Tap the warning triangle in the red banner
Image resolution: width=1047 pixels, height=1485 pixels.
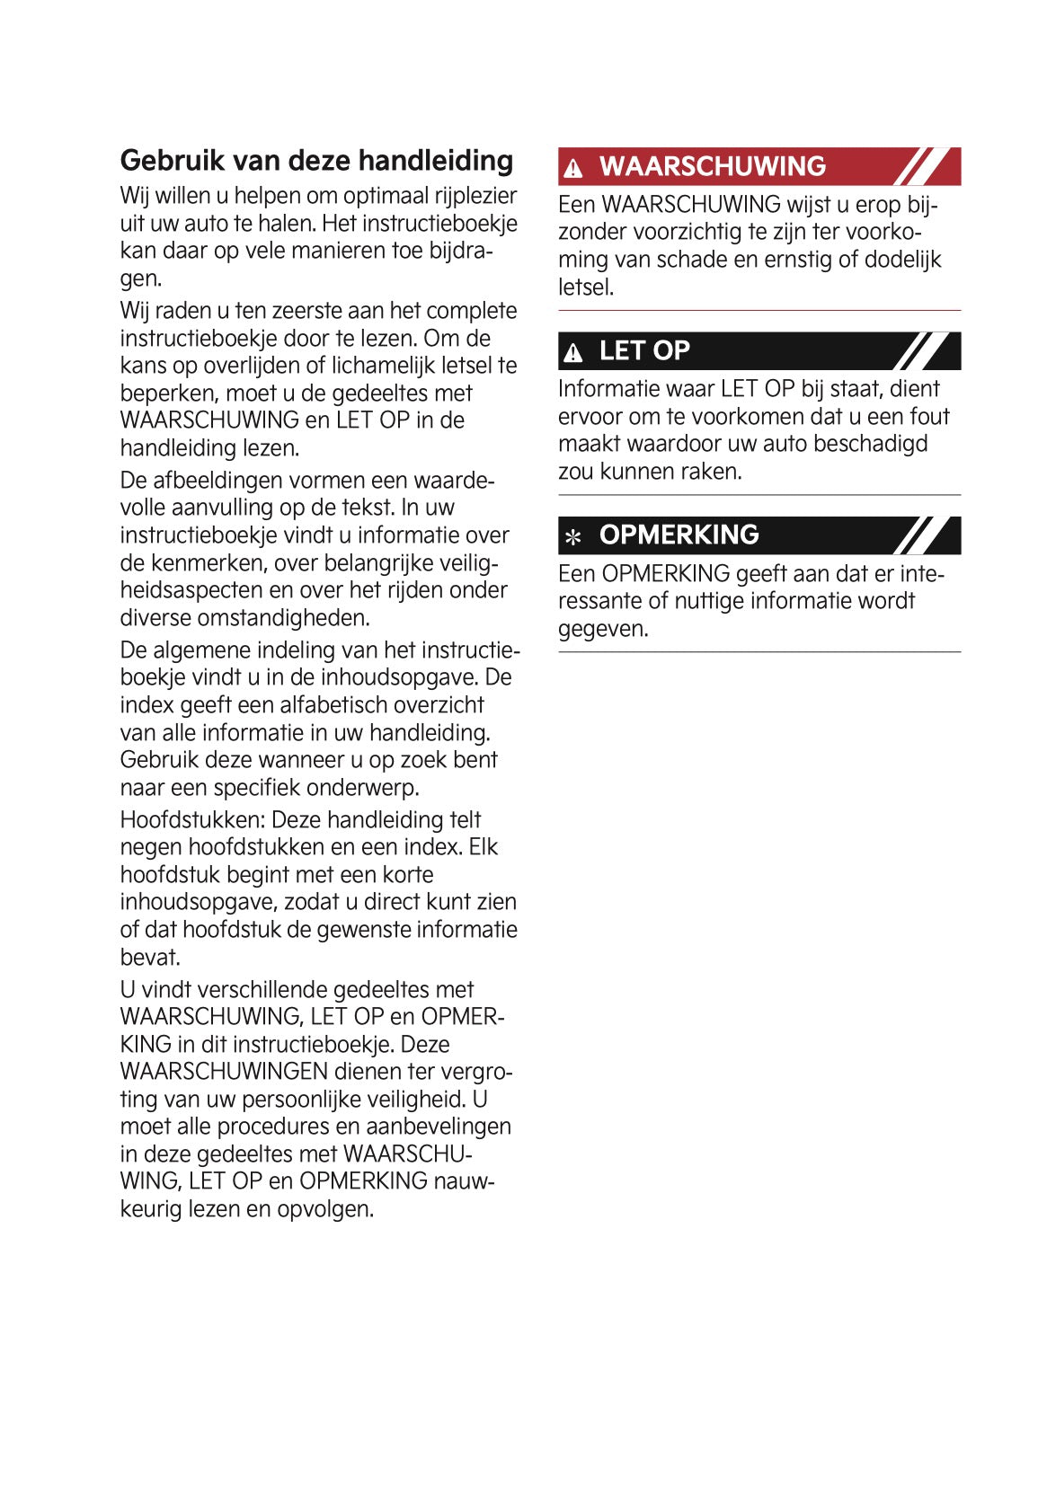point(573,168)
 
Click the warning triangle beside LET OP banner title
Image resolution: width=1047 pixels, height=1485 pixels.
point(573,353)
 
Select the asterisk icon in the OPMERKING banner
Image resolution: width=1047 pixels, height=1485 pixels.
point(573,537)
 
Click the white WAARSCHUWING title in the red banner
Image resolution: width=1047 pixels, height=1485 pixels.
point(712,166)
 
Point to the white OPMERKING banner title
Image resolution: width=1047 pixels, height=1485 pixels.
point(679,535)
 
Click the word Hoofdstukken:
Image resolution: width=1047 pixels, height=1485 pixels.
point(192,819)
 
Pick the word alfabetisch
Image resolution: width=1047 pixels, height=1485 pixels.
point(324,705)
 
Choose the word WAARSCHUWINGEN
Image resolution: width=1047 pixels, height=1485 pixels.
point(224,1072)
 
